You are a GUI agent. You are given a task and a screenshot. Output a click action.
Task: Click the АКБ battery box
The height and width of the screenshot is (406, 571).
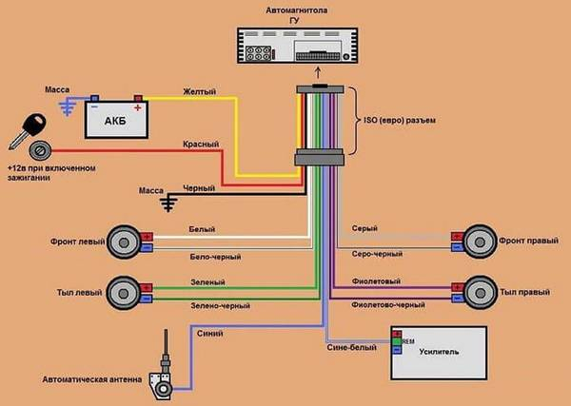pyautogui.click(x=116, y=120)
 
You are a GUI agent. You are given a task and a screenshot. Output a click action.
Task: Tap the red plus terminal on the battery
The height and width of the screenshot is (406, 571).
pyautogui.click(x=138, y=98)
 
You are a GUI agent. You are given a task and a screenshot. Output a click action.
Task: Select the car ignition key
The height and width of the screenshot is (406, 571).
pyautogui.click(x=28, y=130)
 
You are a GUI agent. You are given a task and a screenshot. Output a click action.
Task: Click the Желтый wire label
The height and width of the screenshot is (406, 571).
pyautogui.click(x=200, y=91)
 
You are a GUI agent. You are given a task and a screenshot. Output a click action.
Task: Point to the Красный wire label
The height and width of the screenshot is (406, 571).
pyautogui.click(x=201, y=145)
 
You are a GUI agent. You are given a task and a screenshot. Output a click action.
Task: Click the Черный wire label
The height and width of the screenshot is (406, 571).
pyautogui.click(x=199, y=188)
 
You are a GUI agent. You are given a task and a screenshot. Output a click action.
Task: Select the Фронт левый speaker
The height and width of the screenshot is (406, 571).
pyautogui.click(x=124, y=242)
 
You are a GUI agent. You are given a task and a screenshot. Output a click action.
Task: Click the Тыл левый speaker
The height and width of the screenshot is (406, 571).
pyautogui.click(x=124, y=293)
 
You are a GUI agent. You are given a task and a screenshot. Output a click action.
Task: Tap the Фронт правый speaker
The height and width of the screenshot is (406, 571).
pyautogui.click(x=480, y=242)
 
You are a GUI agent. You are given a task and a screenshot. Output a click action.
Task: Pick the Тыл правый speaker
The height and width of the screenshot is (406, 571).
pyautogui.click(x=481, y=293)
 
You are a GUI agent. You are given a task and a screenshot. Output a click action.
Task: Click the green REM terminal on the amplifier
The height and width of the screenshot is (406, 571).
pyautogui.click(x=397, y=342)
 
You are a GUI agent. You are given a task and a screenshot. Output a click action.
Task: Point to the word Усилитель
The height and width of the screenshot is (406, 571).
pyautogui.click(x=439, y=352)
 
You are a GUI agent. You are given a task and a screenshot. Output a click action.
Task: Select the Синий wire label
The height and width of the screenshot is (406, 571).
pyautogui.click(x=210, y=334)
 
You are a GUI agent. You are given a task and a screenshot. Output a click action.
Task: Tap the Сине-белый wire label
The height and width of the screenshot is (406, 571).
pyautogui.click(x=352, y=347)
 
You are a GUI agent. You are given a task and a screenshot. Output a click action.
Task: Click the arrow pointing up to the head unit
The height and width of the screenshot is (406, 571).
pyautogui.click(x=318, y=72)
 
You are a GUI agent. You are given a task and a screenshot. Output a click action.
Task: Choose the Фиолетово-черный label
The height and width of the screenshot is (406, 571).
pyautogui.click(x=388, y=304)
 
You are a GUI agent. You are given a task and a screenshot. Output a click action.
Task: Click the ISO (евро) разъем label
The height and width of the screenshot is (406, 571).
pyautogui.click(x=400, y=120)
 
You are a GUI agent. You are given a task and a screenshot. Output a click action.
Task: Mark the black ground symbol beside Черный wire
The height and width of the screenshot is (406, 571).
pyautogui.click(x=168, y=204)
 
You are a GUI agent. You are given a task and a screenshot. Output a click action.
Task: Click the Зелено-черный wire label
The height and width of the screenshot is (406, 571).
pyautogui.click(x=221, y=306)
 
